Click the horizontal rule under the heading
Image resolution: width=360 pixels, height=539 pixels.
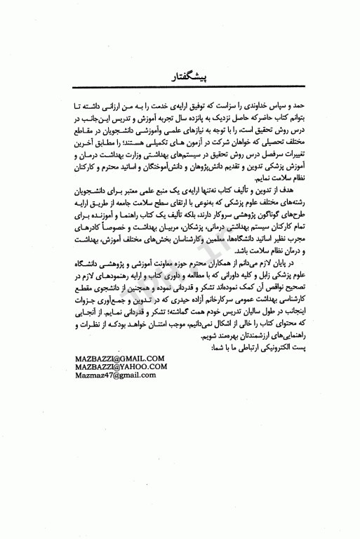179,85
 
